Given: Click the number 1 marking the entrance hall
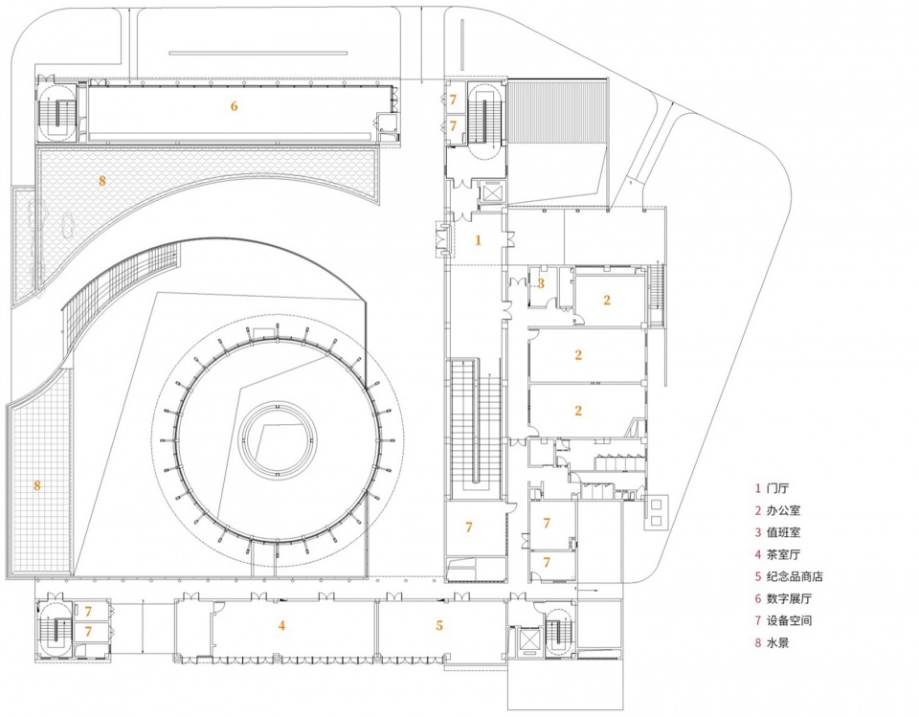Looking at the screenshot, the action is pyautogui.click(x=478, y=239).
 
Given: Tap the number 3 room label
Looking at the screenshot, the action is pyautogui.click(x=541, y=283).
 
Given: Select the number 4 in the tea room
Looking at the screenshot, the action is pyautogui.click(x=281, y=625).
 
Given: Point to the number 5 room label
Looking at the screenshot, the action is pyautogui.click(x=439, y=625).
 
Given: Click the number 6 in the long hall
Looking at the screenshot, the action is pyautogui.click(x=234, y=106).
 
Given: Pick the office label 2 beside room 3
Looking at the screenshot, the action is pyautogui.click(x=607, y=301).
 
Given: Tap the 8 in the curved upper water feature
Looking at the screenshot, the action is pyautogui.click(x=102, y=181).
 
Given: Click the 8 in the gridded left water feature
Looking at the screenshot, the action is pyautogui.click(x=37, y=485).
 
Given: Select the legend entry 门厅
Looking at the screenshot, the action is pyautogui.click(x=777, y=488).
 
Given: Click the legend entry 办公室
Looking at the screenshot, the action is pyautogui.click(x=784, y=510).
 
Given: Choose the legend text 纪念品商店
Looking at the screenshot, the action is pyautogui.click(x=795, y=576).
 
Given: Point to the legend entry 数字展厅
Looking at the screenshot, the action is pyautogui.click(x=789, y=598).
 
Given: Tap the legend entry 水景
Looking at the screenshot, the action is pyautogui.click(x=777, y=642).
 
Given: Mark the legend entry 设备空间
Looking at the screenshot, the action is pyautogui.click(x=789, y=620).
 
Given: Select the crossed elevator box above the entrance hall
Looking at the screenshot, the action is pyautogui.click(x=491, y=191).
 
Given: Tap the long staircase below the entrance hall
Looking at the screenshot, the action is pyautogui.click(x=476, y=429).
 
